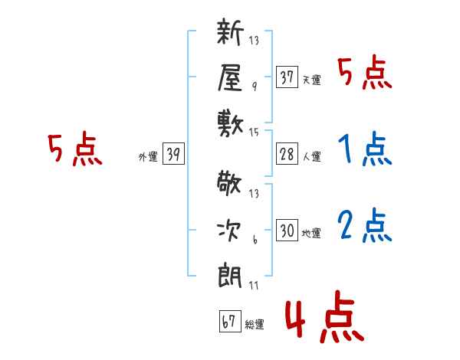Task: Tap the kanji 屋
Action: (230, 77)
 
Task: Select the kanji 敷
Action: (230, 124)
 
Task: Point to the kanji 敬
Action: (229, 183)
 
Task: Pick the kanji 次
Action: (229, 231)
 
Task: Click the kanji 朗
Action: (230, 277)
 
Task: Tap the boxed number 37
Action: (287, 77)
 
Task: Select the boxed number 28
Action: (287, 154)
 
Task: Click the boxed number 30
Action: (287, 230)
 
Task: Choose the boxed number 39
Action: (173, 153)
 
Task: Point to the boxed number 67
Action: (230, 321)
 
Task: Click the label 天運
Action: (312, 80)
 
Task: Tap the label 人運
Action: (312, 156)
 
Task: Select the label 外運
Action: (148, 156)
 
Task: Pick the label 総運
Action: (255, 324)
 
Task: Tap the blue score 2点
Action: (365, 225)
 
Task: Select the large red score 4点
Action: (324, 316)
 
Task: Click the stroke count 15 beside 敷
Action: (254, 133)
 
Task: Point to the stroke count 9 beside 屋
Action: (255, 87)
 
